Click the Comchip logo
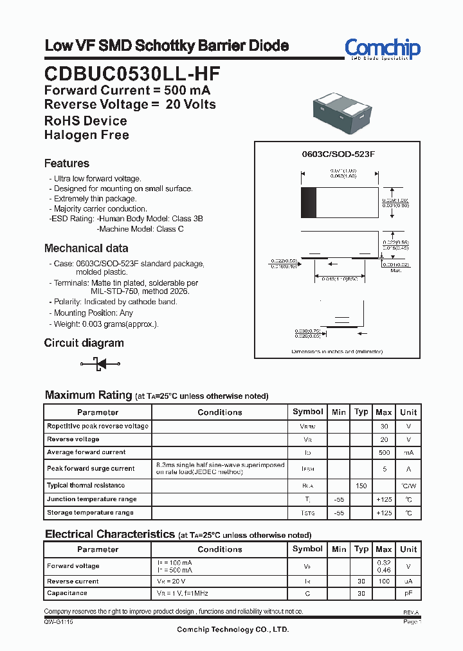pyautogui.click(x=382, y=48)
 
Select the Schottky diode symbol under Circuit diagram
pyautogui.click(x=100, y=364)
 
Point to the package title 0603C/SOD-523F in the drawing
pyautogui.click(x=338, y=155)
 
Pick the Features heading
pyautogui.click(x=66, y=163)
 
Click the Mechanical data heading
pyautogui.click(x=86, y=248)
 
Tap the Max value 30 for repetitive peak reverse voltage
pyautogui.click(x=384, y=426)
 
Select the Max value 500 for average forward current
pyautogui.click(x=384, y=452)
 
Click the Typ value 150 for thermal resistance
pyautogui.click(x=361, y=486)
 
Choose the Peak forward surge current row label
pyautogui.click(x=91, y=468)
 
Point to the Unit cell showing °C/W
pyautogui.click(x=408, y=486)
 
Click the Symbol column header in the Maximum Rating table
pyautogui.click(x=308, y=412)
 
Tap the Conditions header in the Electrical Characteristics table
pyautogui.click(x=220, y=549)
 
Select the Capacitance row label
pyautogui.click(x=67, y=593)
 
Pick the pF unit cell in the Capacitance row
pyautogui.click(x=408, y=593)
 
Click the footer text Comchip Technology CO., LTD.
pyautogui.click(x=233, y=630)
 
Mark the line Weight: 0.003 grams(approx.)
pyautogui.click(x=105, y=324)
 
